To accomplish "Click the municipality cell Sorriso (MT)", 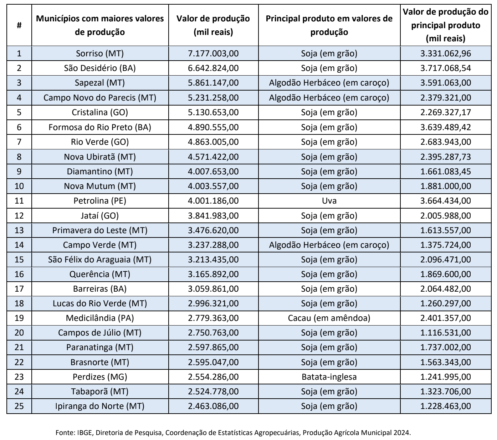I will [x=100, y=53].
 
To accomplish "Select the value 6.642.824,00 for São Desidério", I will [x=213, y=68].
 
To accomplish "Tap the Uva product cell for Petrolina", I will [x=329, y=201].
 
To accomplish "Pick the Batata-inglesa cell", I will [x=329, y=377].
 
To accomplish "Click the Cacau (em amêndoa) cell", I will [x=329, y=318].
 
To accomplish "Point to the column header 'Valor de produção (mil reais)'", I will [x=213, y=25].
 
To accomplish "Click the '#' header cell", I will [x=19, y=25].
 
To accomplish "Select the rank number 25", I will [x=19, y=406].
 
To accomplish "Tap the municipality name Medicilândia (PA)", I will [x=100, y=318].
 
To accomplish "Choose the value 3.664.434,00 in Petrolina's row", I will [x=446, y=201].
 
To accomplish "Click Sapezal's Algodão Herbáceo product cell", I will [x=329, y=83].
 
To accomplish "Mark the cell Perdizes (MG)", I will [x=100, y=377].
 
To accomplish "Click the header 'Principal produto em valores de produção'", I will [x=329, y=25].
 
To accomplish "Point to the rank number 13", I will [x=19, y=230].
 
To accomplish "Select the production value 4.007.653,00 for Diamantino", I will [x=213, y=172].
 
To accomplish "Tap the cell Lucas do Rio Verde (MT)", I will [x=100, y=303].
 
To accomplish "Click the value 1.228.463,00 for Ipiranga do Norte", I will [x=446, y=406].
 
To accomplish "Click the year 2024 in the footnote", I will [x=402, y=433].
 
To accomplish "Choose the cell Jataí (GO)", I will [x=100, y=216].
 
